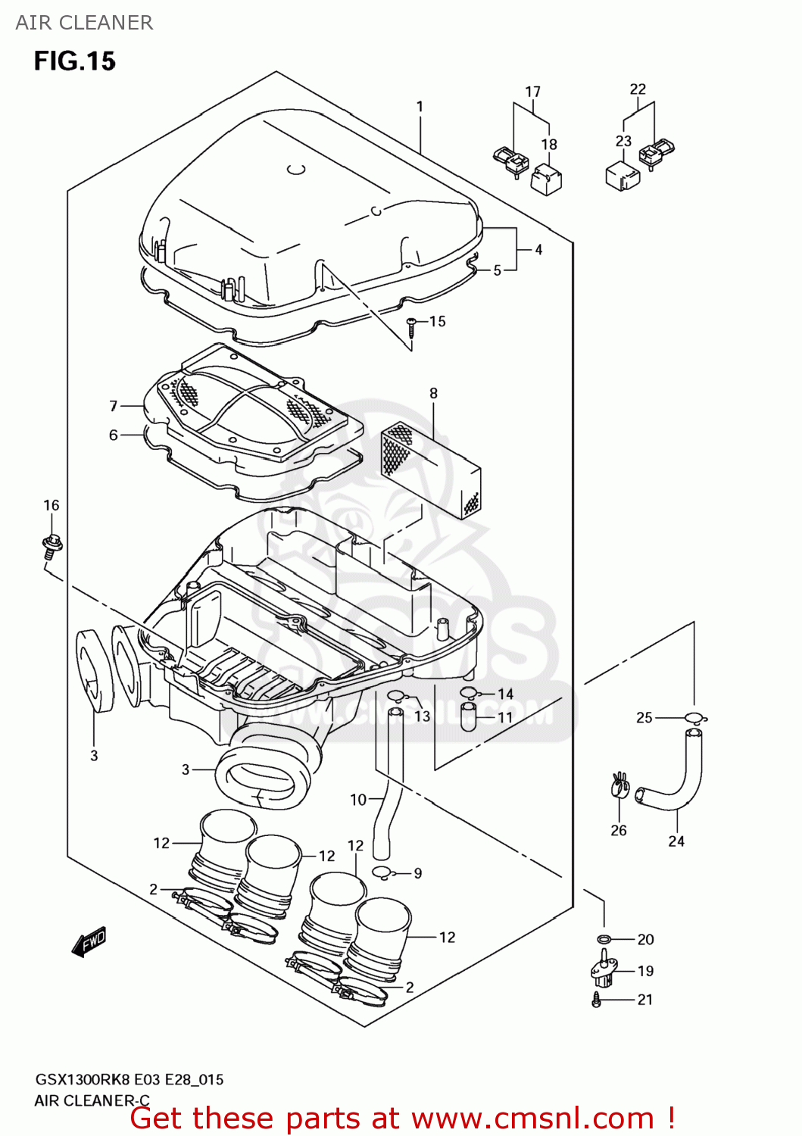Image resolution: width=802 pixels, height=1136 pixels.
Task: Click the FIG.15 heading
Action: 74,61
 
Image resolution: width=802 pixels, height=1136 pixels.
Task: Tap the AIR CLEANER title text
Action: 84,23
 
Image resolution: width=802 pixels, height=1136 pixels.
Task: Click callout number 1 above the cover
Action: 420,107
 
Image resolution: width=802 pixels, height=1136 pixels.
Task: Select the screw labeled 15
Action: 411,326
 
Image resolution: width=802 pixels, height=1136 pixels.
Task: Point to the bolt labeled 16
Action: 51,545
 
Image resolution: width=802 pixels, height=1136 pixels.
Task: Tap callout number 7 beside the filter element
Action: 114,406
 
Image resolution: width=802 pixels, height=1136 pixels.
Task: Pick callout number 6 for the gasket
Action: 114,435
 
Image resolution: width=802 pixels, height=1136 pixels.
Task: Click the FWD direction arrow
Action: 89,941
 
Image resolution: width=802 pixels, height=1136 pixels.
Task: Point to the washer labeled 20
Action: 604,940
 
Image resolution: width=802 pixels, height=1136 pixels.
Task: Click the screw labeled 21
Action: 598,1000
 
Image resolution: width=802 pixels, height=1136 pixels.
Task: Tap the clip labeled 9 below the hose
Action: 383,873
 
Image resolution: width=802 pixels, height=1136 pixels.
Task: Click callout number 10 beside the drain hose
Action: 358,800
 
